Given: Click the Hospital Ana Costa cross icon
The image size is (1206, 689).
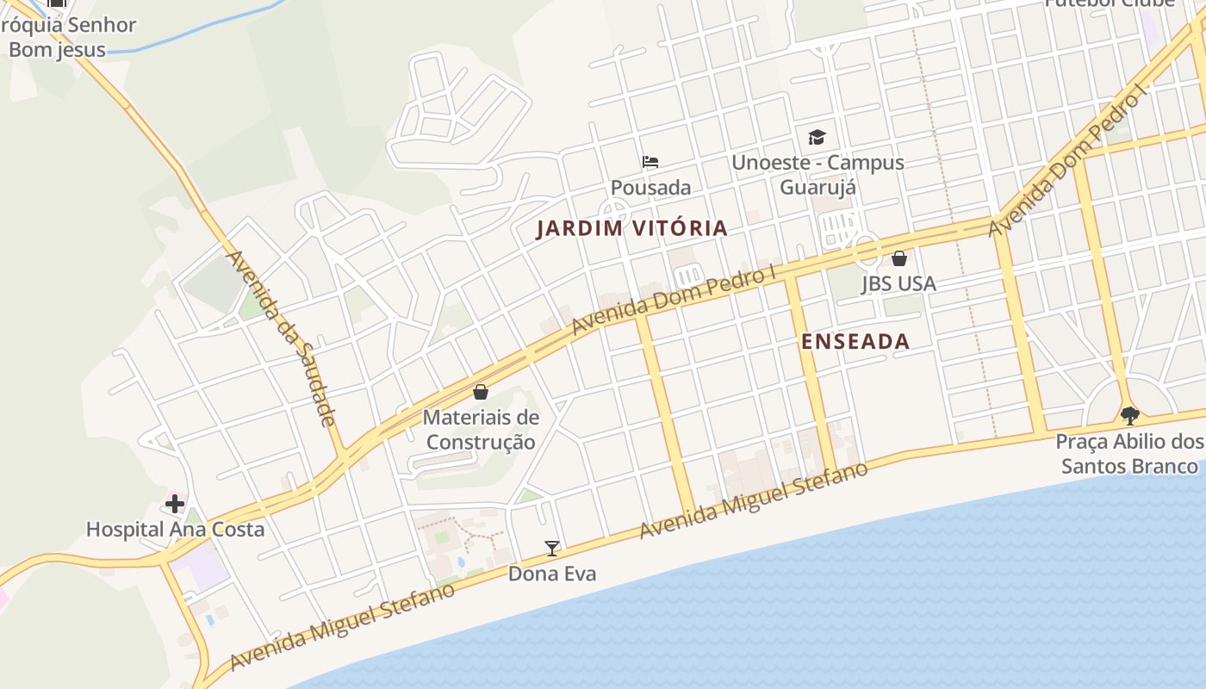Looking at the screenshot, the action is click(x=175, y=503).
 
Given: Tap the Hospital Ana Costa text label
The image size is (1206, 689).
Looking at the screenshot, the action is click(x=175, y=529).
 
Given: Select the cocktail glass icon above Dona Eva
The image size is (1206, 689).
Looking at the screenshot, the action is click(x=552, y=548).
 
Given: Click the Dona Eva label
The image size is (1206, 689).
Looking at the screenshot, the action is click(x=552, y=574).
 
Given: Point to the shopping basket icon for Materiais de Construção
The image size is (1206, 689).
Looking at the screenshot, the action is click(x=481, y=392).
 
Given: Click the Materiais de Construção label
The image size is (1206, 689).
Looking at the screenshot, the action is click(x=481, y=430).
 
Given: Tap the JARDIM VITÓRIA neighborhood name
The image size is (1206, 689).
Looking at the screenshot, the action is click(x=632, y=228).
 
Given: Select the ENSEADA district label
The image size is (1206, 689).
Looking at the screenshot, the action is click(x=855, y=342).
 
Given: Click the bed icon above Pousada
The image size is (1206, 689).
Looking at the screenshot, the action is click(x=650, y=161).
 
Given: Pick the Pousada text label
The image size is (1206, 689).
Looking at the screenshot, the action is click(x=650, y=187).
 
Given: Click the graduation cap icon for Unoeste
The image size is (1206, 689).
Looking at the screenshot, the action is click(x=817, y=136).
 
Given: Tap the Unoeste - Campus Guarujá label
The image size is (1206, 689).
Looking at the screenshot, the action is click(x=817, y=174).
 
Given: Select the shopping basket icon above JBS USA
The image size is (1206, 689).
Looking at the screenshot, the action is click(x=899, y=258).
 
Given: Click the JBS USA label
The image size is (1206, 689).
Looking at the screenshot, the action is click(x=898, y=283).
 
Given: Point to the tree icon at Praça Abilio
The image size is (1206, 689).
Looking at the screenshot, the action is click(x=1129, y=416).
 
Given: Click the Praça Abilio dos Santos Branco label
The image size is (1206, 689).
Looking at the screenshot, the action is click(x=1129, y=454).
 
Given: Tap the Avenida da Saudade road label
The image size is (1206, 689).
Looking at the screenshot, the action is click(x=280, y=338).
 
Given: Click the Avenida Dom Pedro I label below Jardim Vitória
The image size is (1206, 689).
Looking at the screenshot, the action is click(x=674, y=301).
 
